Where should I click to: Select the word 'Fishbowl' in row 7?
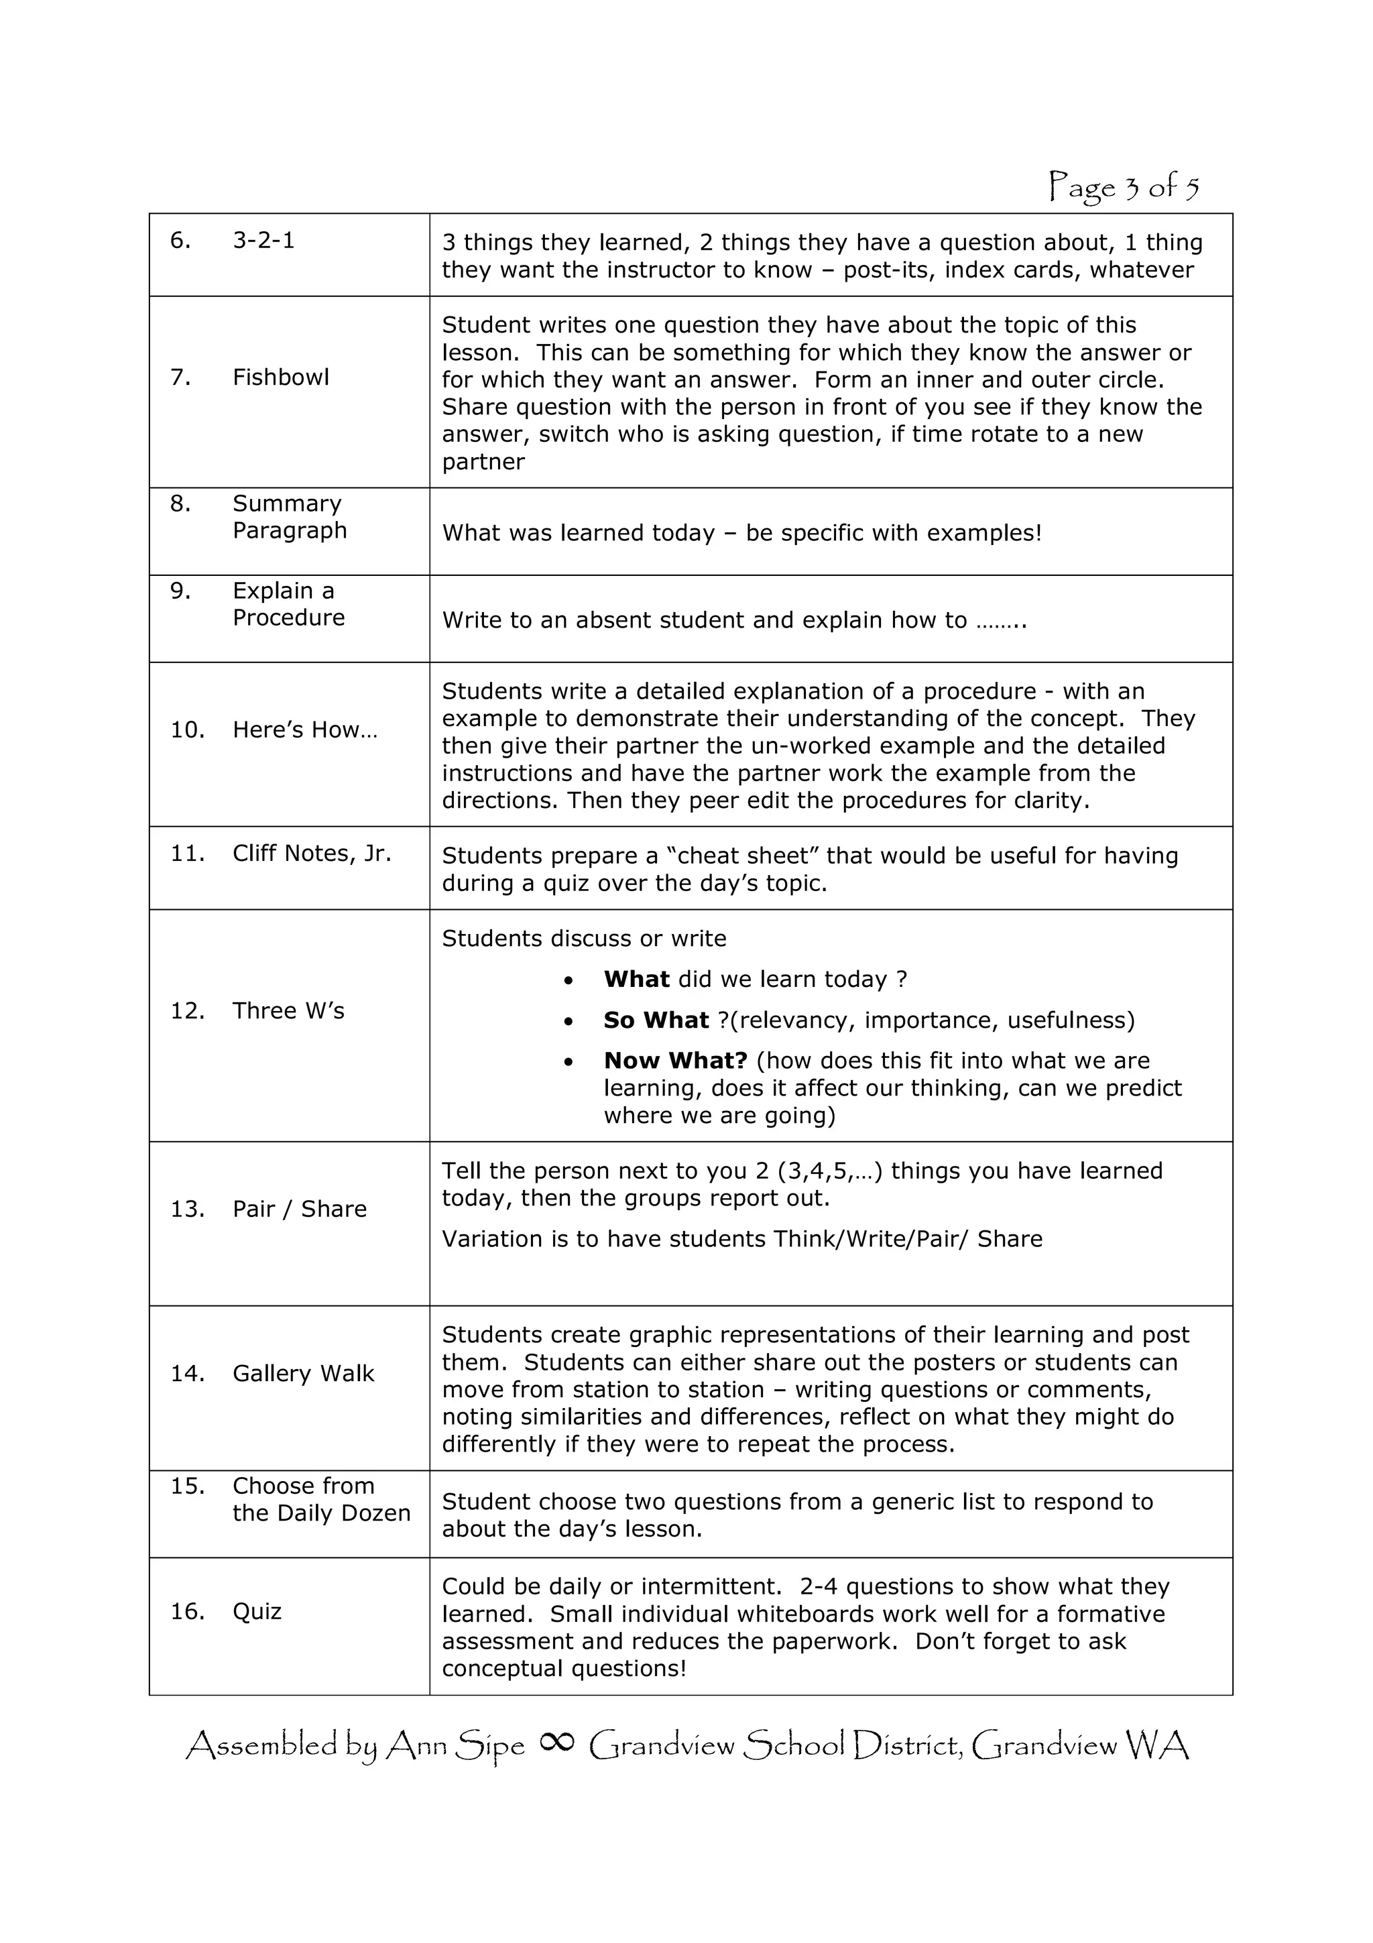tap(280, 377)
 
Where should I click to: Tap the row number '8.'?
tap(180, 504)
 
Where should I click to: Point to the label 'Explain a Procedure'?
tap(288, 604)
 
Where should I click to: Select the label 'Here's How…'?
tap(304, 730)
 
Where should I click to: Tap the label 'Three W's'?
tap(288, 1011)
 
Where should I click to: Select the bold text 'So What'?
tap(656, 1020)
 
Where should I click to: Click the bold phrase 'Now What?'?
tap(675, 1061)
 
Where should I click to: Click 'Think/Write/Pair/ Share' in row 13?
tap(907, 1240)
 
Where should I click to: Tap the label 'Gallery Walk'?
tap(303, 1374)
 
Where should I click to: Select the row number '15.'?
tap(187, 1486)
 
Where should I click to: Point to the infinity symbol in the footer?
tap(556, 1742)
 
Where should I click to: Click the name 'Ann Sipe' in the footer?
tap(455, 1746)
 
